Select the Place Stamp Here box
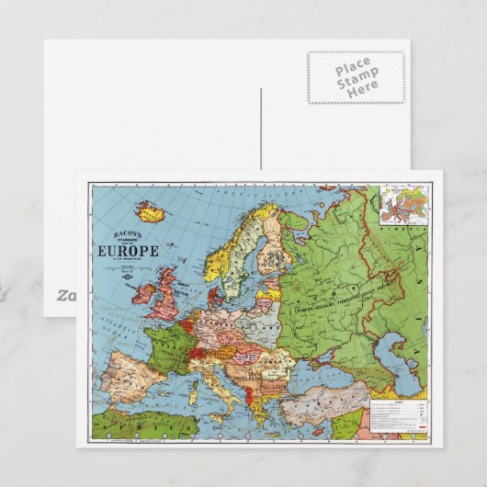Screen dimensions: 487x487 354,76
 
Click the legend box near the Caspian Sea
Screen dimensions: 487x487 396,413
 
